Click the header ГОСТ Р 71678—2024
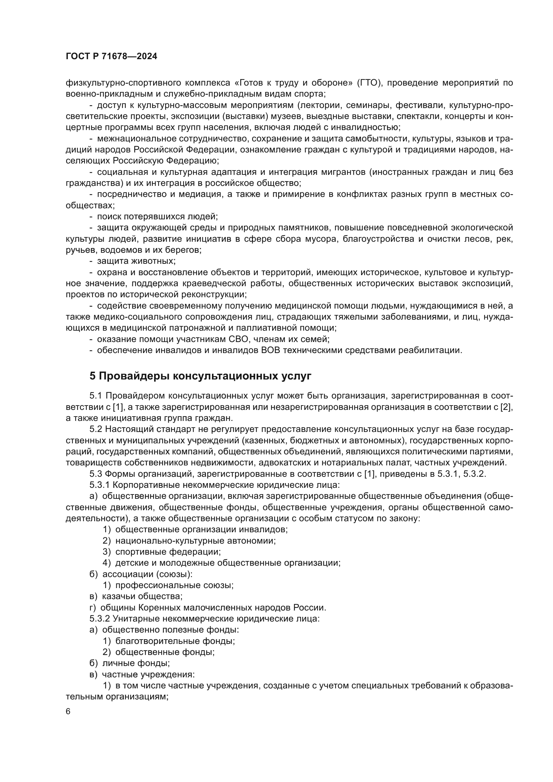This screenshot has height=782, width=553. coord(111,57)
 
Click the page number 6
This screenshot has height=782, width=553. coord(68,711)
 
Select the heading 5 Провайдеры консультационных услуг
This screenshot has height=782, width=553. coord(200,376)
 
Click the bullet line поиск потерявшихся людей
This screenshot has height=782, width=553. coord(157,217)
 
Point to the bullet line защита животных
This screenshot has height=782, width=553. coord(136,261)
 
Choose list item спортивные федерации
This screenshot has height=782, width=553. coord(168,552)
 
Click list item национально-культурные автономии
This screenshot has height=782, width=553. coord(195,541)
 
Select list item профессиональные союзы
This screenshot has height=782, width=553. coord(174,585)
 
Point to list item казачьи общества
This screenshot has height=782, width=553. coord(142,596)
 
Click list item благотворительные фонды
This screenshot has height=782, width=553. coord(175,641)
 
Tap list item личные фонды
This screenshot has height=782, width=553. coord(135,663)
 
